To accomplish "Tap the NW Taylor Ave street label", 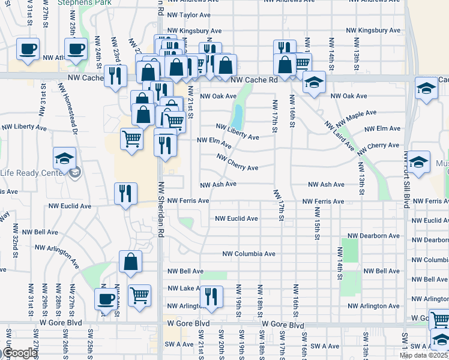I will click(189, 14).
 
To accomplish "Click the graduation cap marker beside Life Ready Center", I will click(64, 159).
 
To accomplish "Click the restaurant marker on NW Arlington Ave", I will click(211, 296).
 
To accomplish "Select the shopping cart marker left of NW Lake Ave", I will click(139, 295).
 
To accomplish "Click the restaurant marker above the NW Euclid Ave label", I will click(126, 193).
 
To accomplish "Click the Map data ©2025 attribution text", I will click(424, 356).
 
